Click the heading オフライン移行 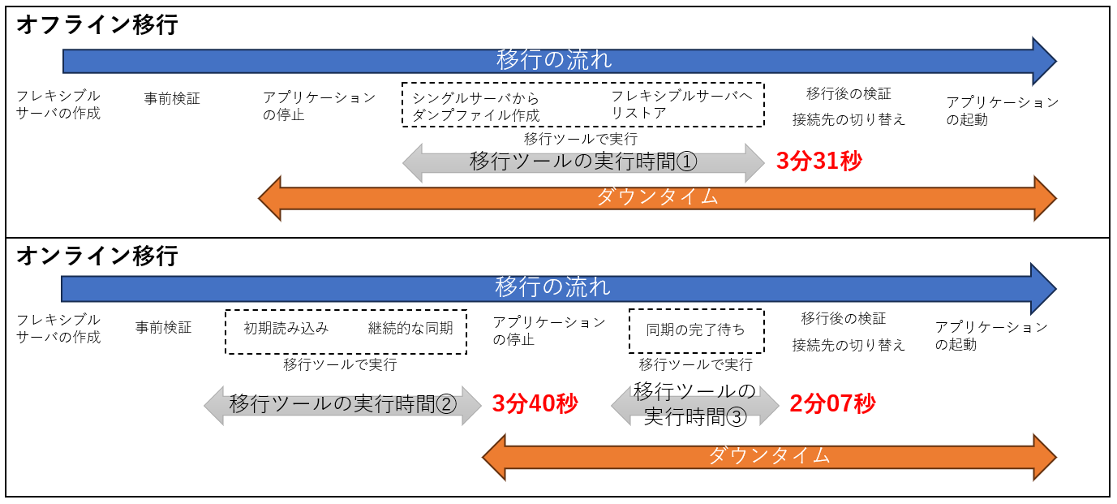(x=97, y=24)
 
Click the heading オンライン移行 (x=97, y=256)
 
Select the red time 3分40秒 (x=535, y=403)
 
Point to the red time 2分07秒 (x=832, y=403)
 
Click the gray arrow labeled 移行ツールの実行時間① (x=583, y=162)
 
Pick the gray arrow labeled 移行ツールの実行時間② (x=342, y=404)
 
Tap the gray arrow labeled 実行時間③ (x=694, y=404)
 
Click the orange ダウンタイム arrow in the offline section (x=657, y=197)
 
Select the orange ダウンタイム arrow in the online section (x=769, y=455)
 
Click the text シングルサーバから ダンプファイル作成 (x=475, y=106)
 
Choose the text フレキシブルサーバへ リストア (x=681, y=105)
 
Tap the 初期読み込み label (x=286, y=329)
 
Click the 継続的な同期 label (x=410, y=329)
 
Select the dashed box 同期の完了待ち (x=696, y=330)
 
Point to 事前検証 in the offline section (x=172, y=99)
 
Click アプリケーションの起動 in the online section (x=991, y=336)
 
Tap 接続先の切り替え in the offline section (x=848, y=120)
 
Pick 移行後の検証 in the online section (x=844, y=318)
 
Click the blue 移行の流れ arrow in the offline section (x=555, y=61)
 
